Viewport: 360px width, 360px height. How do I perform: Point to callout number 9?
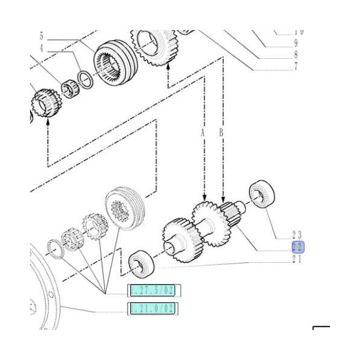tap(295, 43)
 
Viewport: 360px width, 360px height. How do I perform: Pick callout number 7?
tap(295, 67)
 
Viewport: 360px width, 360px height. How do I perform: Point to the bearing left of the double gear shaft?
tap(142, 264)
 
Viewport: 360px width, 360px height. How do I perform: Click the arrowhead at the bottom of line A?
tap(205, 200)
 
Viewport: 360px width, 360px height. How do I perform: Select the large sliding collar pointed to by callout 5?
tap(114, 65)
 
